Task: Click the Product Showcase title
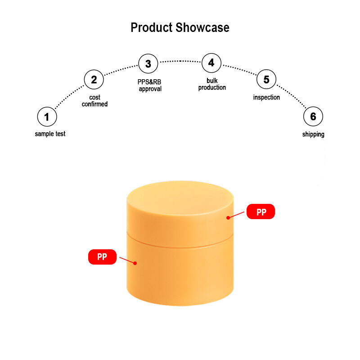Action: (x=180, y=27)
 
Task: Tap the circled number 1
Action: (x=47, y=117)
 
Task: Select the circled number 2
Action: (x=94, y=80)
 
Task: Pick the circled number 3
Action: (x=148, y=63)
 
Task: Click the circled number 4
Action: (x=211, y=63)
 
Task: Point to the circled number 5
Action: (x=266, y=80)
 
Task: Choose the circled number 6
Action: (x=313, y=117)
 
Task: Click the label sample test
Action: (x=50, y=134)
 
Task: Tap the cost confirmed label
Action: (x=94, y=101)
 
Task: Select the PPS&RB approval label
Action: (x=149, y=85)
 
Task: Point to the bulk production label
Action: (x=212, y=84)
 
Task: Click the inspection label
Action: (x=266, y=97)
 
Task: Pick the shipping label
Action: (x=313, y=134)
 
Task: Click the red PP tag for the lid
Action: (x=261, y=212)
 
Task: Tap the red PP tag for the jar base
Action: (x=102, y=257)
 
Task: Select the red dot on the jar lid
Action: (x=228, y=218)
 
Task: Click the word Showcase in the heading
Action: (x=202, y=27)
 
